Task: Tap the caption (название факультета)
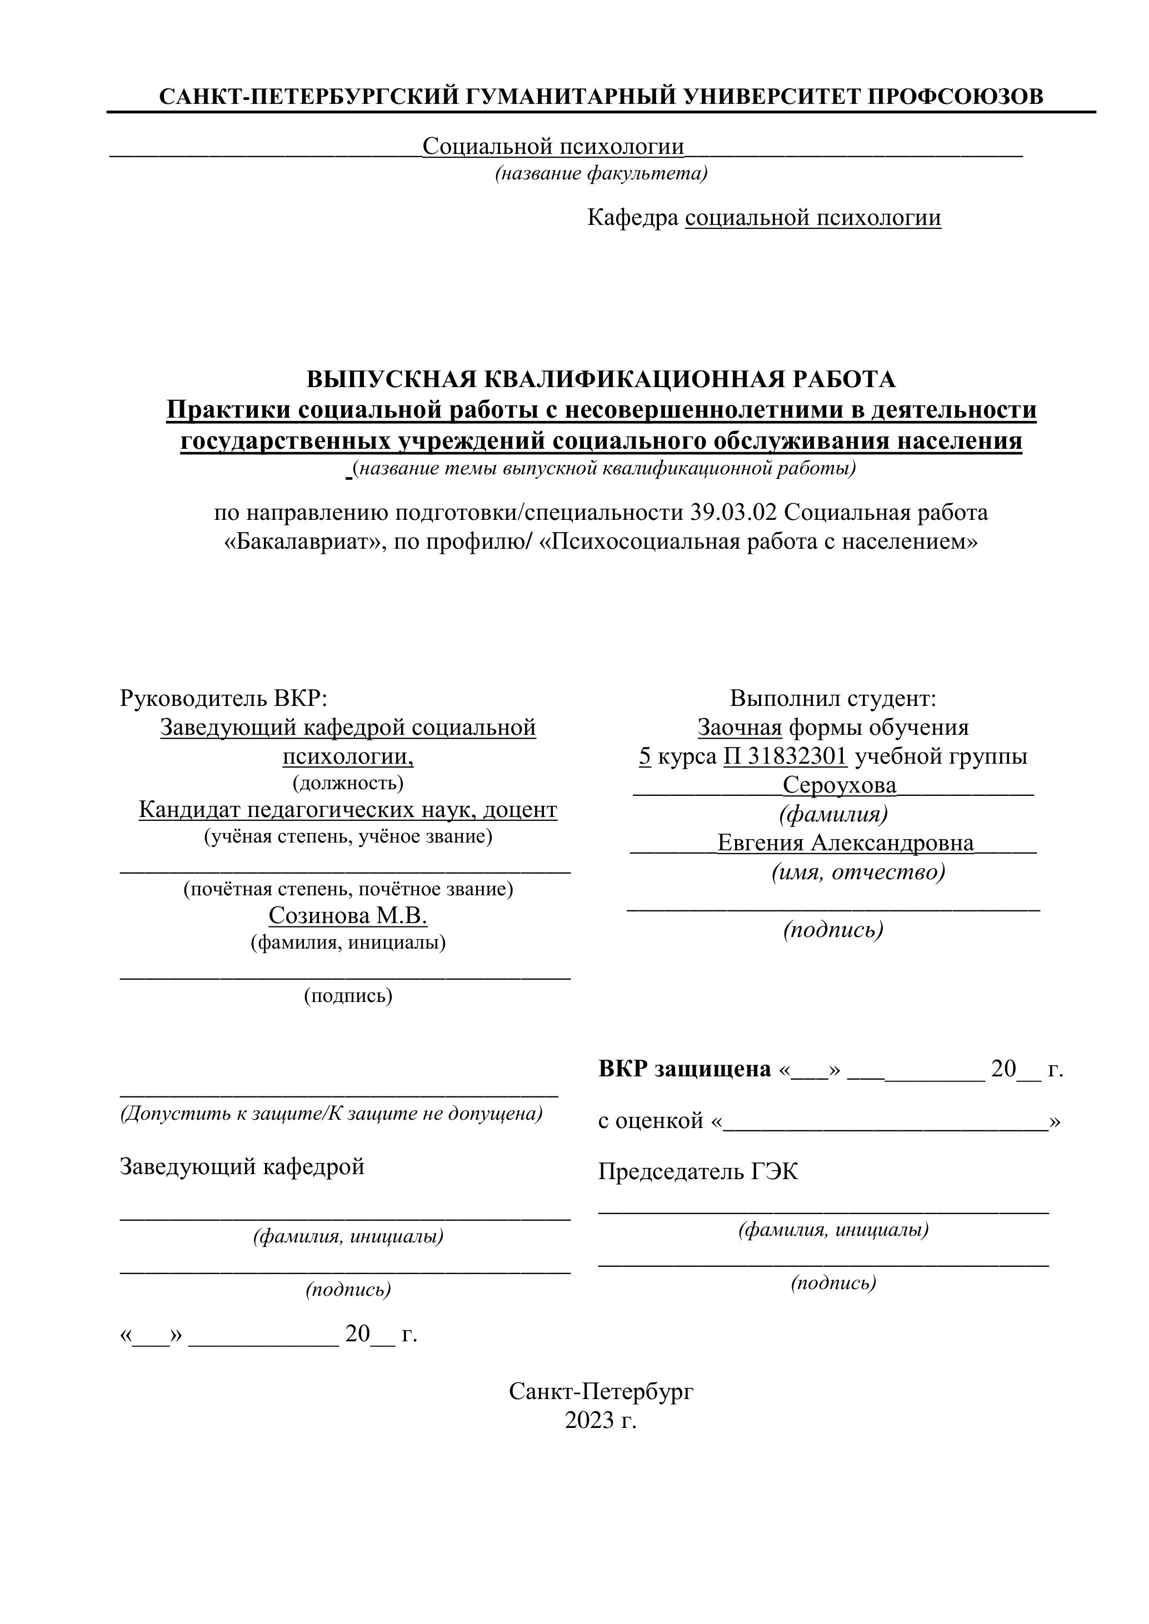coord(601,173)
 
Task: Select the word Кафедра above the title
coord(632,218)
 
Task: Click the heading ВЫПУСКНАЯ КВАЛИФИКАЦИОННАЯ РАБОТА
coord(601,380)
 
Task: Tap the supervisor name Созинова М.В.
coord(348,916)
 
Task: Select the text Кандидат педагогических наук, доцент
coord(348,810)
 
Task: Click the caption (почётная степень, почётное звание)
coord(348,889)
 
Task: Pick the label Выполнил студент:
coord(833,698)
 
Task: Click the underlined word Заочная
coord(740,727)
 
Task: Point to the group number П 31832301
coord(785,757)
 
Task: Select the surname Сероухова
coord(839,785)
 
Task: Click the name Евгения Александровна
coord(846,843)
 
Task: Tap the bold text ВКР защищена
coord(684,1069)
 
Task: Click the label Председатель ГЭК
coord(698,1171)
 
